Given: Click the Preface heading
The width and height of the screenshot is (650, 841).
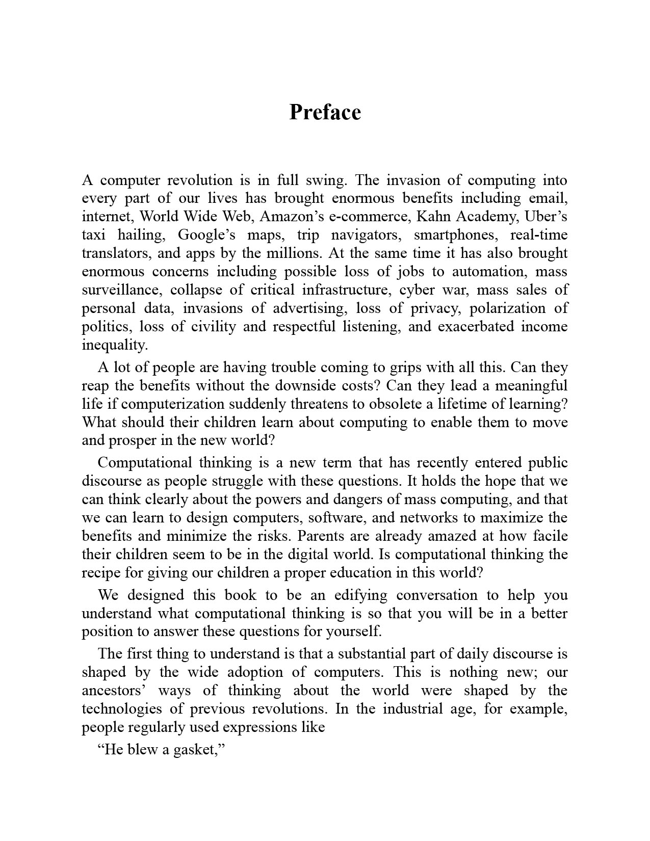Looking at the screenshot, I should click(x=325, y=112).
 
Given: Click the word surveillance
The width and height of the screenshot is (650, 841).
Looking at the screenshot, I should click(x=122, y=290).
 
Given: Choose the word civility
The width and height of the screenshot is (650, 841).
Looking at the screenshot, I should click(x=213, y=327).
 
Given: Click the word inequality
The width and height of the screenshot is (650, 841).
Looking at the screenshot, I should click(x=115, y=345).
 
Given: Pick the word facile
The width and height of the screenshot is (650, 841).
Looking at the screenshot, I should click(x=550, y=536).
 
